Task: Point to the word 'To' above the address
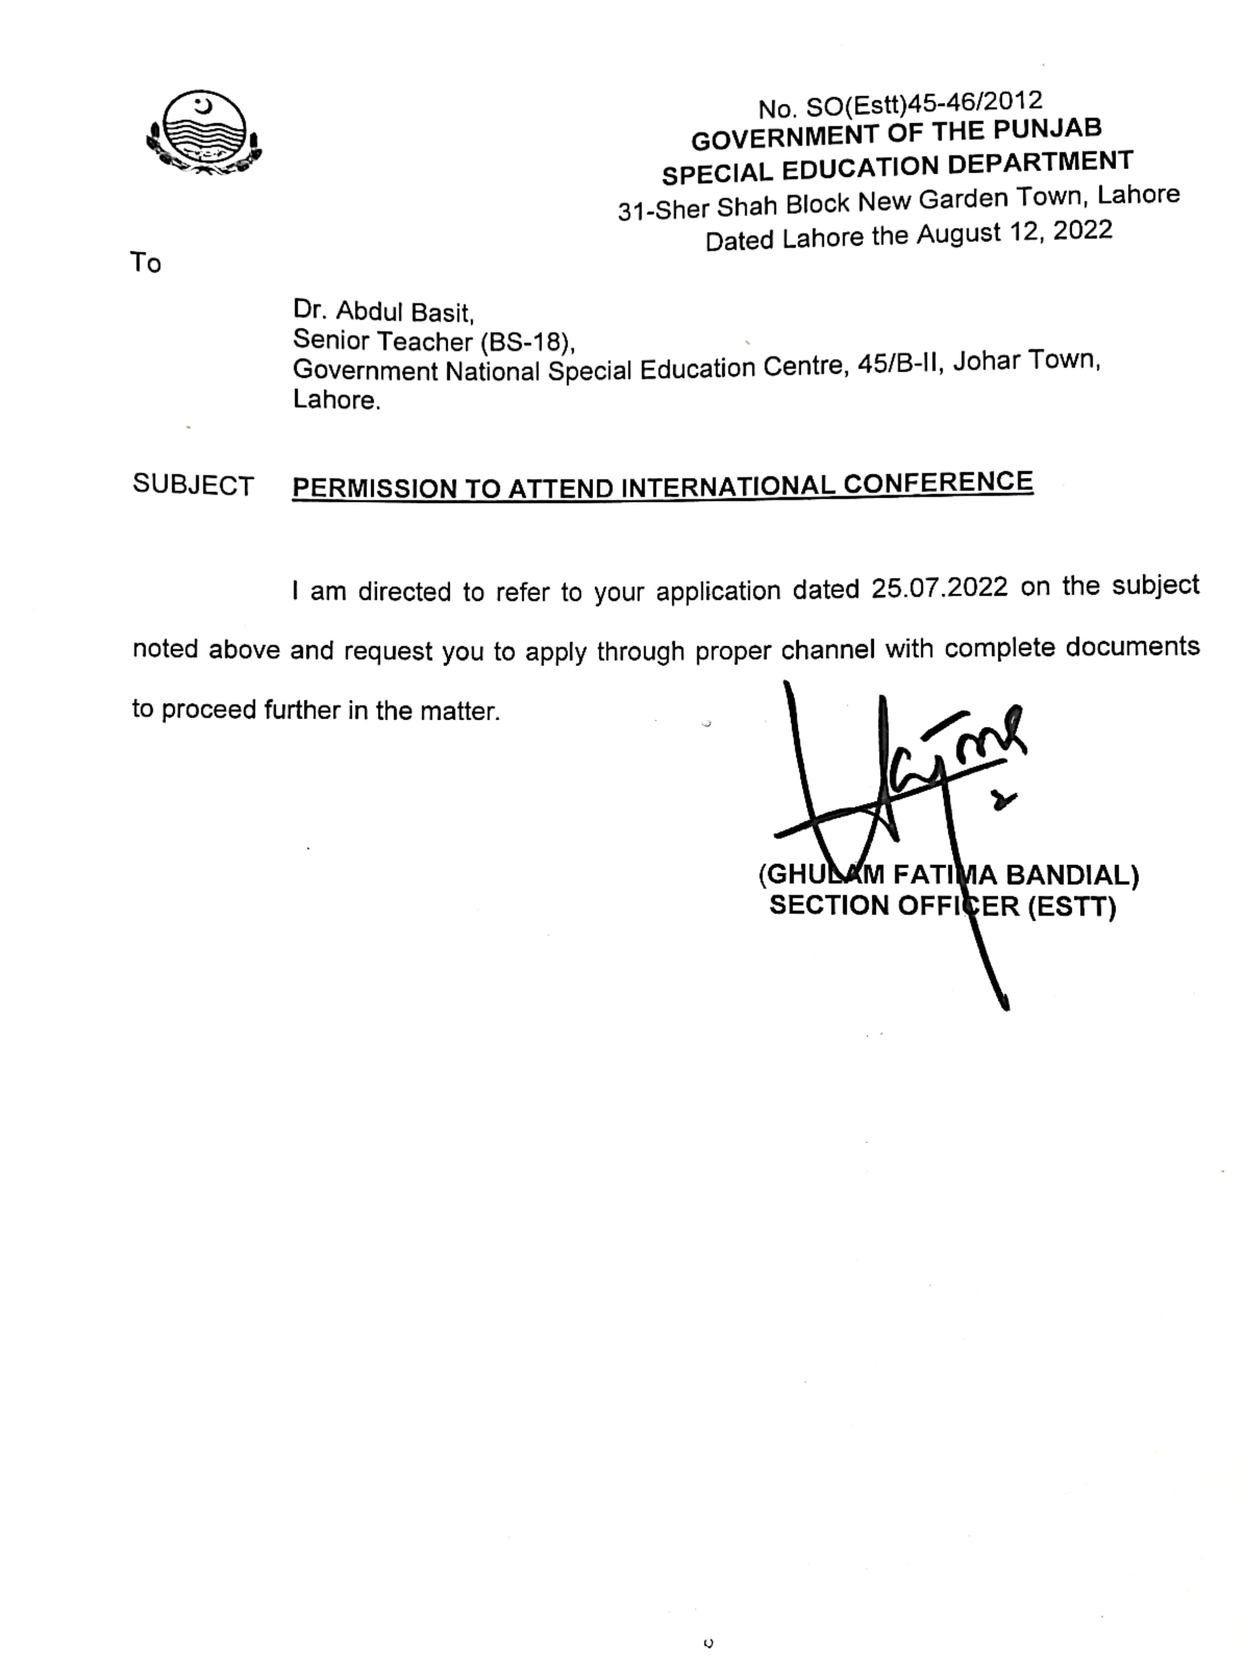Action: (145, 263)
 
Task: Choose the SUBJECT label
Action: (193, 486)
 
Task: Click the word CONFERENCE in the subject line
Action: (938, 483)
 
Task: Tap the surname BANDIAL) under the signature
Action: (1072, 875)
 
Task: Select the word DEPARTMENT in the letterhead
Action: (1040, 163)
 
